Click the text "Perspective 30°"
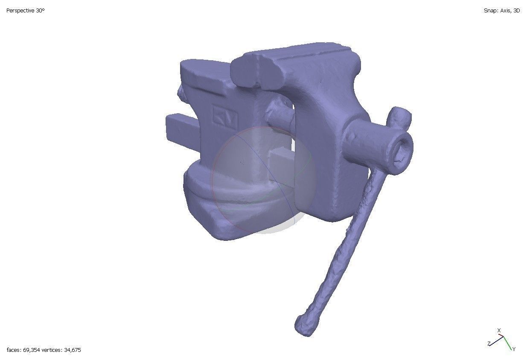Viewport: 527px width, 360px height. pos(25,11)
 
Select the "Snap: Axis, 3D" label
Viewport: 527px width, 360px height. pos(501,11)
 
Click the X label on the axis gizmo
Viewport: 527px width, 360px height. pos(499,331)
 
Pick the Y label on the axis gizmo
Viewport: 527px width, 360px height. pos(514,349)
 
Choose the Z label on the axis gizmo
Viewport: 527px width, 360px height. pos(489,343)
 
